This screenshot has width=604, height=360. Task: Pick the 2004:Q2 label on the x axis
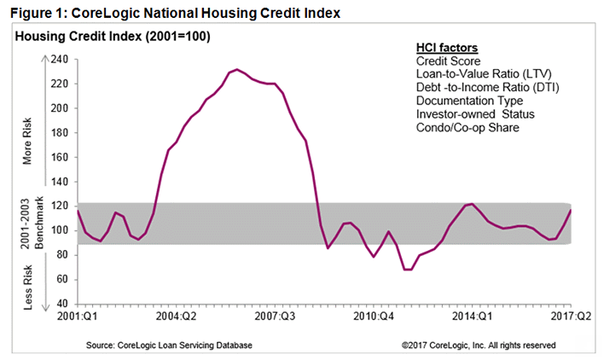pyautogui.click(x=181, y=316)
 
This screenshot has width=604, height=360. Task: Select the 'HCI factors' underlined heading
pyautogui.click(x=446, y=48)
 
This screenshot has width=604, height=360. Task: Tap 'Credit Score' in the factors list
pyautogui.click(x=447, y=61)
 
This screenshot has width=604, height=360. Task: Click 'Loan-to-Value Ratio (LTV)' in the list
pyautogui.click(x=477, y=75)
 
